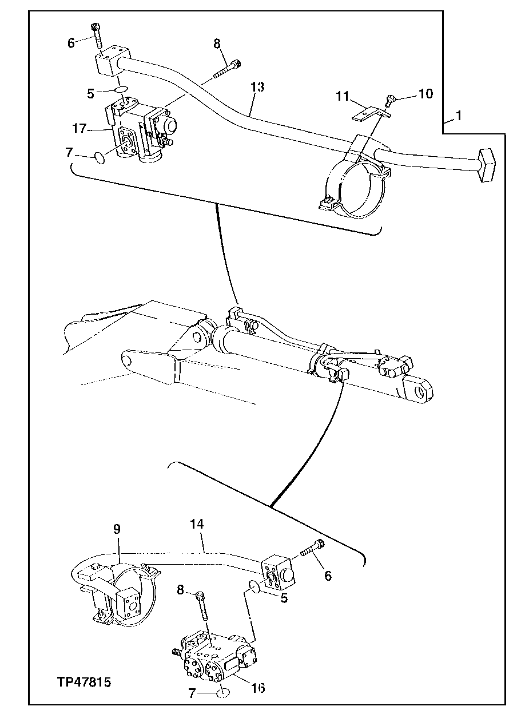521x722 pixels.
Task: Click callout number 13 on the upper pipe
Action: point(258,87)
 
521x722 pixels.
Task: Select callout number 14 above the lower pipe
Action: point(196,524)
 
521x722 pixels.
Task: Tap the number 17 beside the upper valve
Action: point(80,129)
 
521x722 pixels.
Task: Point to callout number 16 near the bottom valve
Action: point(258,688)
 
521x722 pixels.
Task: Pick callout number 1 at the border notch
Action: point(458,116)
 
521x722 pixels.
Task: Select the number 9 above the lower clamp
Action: point(116,529)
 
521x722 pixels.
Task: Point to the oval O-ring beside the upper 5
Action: point(121,90)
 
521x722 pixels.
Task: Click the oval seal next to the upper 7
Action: point(99,157)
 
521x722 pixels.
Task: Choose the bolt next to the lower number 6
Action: point(312,550)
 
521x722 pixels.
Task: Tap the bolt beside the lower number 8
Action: point(202,608)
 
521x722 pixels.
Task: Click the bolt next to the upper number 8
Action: point(229,70)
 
